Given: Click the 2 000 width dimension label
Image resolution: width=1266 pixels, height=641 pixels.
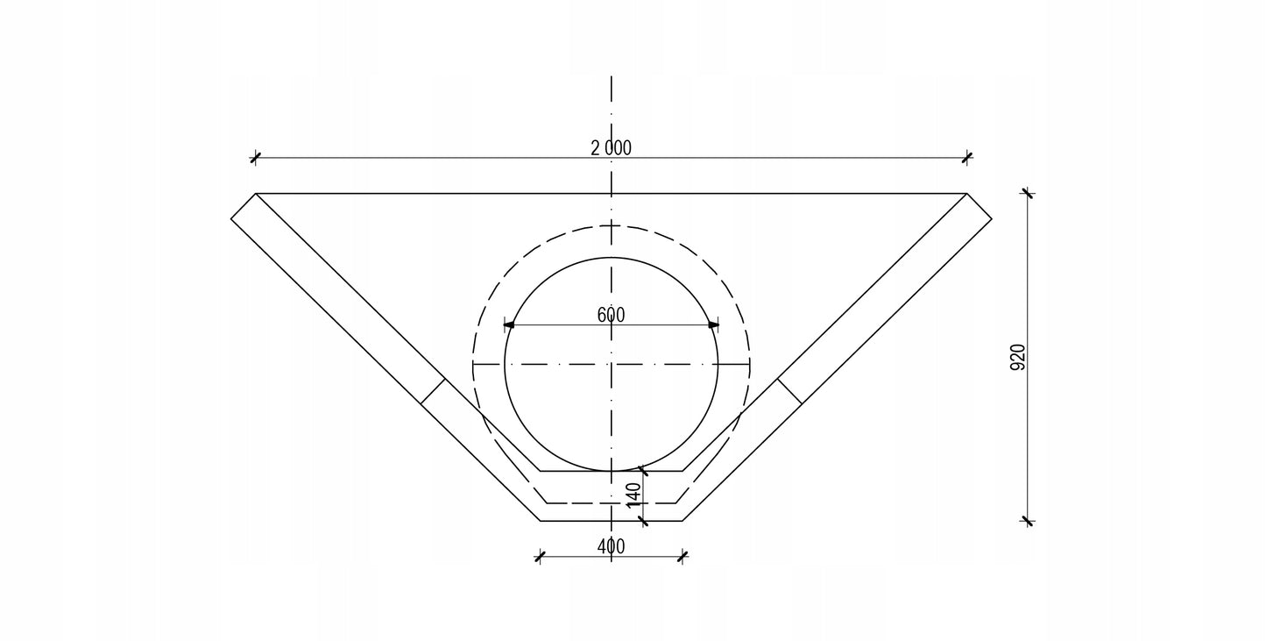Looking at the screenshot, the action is tap(611, 148).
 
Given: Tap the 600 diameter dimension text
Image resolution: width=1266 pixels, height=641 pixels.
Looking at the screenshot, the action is tap(611, 315).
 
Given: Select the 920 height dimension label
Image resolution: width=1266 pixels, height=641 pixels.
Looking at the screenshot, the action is tap(1017, 357).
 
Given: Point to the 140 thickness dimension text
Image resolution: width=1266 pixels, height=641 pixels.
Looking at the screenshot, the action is tap(634, 495).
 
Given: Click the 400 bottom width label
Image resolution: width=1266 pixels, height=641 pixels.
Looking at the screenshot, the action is tap(611, 546).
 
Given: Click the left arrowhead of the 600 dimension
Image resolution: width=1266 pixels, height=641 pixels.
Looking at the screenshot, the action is tap(509, 324).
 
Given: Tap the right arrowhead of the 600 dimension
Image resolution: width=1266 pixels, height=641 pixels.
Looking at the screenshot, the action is tap(713, 324).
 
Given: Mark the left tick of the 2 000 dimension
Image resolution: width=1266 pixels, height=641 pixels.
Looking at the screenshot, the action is tap(256, 157).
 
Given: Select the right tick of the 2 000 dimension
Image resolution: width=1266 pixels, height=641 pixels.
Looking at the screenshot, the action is tap(967, 157).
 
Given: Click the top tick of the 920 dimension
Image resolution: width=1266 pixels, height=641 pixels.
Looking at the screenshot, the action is tap(1028, 194).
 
